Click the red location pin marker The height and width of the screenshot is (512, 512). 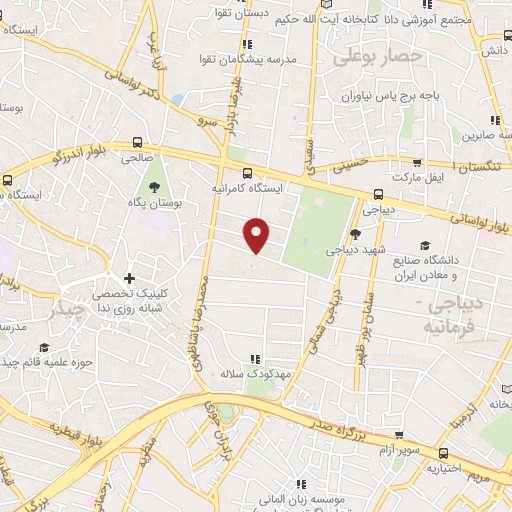tap(258, 235)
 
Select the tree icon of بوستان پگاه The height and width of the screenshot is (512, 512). tap(154, 187)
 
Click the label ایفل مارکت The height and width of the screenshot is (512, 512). tap(415, 176)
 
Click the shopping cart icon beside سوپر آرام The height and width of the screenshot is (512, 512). tap(399, 436)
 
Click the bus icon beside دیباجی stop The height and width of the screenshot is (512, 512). tap(377, 194)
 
